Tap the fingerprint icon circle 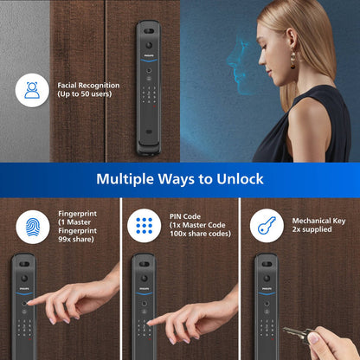point(33,227)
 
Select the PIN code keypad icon point(144,227)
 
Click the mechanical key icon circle point(267,227)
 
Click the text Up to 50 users point(89,95)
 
